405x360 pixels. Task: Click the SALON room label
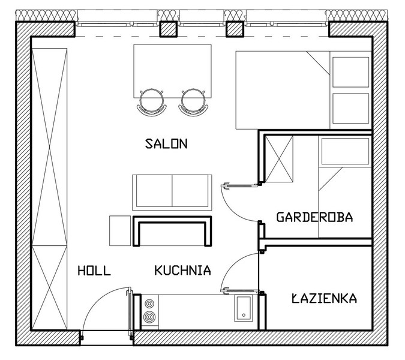[x=166, y=143]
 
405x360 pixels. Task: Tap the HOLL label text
[x=94, y=271]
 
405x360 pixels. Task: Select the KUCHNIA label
[x=183, y=271]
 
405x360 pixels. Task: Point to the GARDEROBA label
[x=314, y=217]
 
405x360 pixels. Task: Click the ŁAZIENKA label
[x=325, y=298]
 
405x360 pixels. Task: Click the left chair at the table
[x=152, y=102]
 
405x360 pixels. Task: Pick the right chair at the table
[x=193, y=102]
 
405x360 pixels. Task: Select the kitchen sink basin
[x=244, y=308]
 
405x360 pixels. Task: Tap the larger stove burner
[x=149, y=317]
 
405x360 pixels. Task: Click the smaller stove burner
[x=149, y=303]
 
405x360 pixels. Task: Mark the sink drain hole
[x=244, y=315]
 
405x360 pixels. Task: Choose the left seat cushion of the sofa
[x=154, y=191]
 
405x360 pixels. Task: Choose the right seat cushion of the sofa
[x=190, y=191]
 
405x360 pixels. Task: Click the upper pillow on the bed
[x=351, y=72]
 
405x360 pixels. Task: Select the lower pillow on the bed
[x=351, y=109]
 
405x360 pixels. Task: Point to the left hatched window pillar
[x=168, y=29]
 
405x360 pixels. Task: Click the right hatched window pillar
[x=235, y=29]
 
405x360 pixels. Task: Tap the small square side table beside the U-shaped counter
[x=120, y=231]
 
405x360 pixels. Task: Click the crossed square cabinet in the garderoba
[x=279, y=159]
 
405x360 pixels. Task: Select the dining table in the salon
[x=173, y=71]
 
